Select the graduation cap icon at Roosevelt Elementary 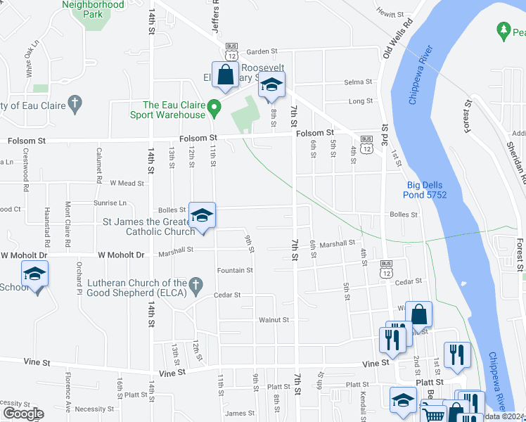click(271, 87)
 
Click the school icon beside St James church click(202, 216)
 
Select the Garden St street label click(262, 51)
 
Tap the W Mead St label click(127, 183)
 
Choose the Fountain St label click(235, 270)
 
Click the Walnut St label click(274, 319)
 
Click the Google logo click(23, 414)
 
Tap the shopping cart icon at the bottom click(435, 415)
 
